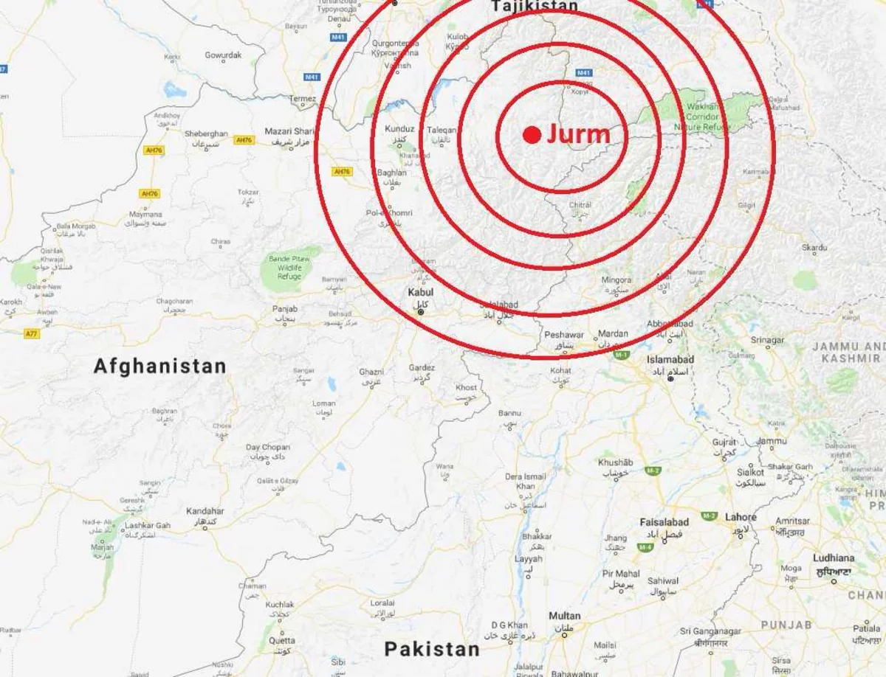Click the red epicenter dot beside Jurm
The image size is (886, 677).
click(x=532, y=135)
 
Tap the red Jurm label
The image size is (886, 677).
click(x=579, y=135)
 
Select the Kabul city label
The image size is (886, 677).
click(x=421, y=293)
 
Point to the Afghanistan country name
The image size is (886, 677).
click(x=159, y=367)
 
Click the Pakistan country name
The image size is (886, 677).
click(x=432, y=649)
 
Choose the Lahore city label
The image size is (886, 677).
click(x=741, y=517)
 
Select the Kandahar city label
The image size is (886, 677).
click(x=205, y=511)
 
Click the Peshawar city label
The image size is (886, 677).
click(x=564, y=335)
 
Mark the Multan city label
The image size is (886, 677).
click(x=564, y=616)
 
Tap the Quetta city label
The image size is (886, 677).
click(x=281, y=640)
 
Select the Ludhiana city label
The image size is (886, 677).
click(x=834, y=558)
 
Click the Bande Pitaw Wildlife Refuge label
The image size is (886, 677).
click(x=290, y=268)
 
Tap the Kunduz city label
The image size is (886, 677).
click(x=399, y=129)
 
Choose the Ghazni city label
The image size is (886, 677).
click(x=371, y=372)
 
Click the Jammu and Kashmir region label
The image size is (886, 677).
click(x=846, y=352)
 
